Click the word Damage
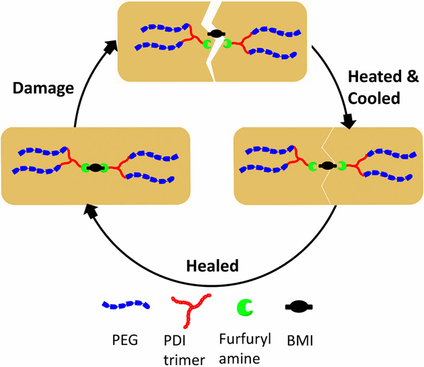pyautogui.click(x=43, y=88)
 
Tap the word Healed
pyautogui.click(x=212, y=266)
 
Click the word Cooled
pyautogui.click(x=374, y=98)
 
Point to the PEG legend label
pyautogui.click(x=125, y=340)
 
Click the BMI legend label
pyautogui.click(x=300, y=341)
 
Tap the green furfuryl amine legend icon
pyautogui.click(x=244, y=307)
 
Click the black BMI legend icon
pyautogui.click(x=299, y=307)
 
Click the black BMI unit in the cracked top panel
pyautogui.click(x=216, y=34)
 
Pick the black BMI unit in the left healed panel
pyautogui.click(x=95, y=168)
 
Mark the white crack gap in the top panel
pyautogui.click(x=210, y=60)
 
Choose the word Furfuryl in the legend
pyautogui.click(x=245, y=339)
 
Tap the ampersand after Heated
pyautogui.click(x=412, y=77)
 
